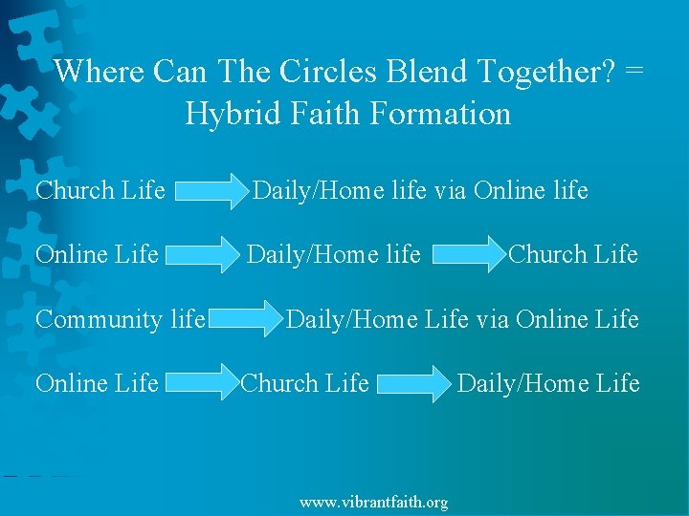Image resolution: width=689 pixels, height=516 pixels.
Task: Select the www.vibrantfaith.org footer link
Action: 373,502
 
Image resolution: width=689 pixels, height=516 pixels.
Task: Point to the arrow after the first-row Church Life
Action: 211,191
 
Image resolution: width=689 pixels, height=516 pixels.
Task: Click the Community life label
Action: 121,319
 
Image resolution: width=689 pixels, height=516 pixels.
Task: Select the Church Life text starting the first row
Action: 100,191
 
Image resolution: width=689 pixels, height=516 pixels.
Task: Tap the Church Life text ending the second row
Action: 573,254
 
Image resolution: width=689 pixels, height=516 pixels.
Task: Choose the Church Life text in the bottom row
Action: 305,383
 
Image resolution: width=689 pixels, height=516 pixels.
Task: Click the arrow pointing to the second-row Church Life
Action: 470,255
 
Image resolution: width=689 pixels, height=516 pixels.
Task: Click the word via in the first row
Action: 450,191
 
